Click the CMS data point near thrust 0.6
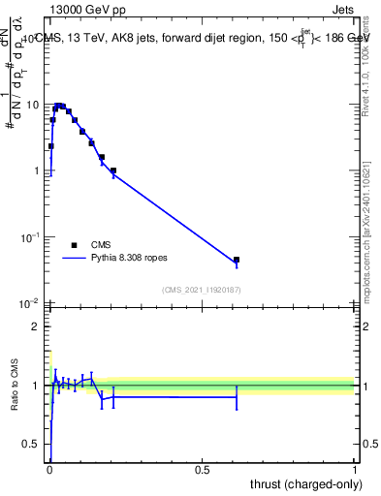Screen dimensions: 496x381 237,260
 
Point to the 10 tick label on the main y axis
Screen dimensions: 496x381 32,105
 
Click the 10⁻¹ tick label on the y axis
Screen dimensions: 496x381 30,237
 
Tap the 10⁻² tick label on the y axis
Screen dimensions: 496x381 30,304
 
